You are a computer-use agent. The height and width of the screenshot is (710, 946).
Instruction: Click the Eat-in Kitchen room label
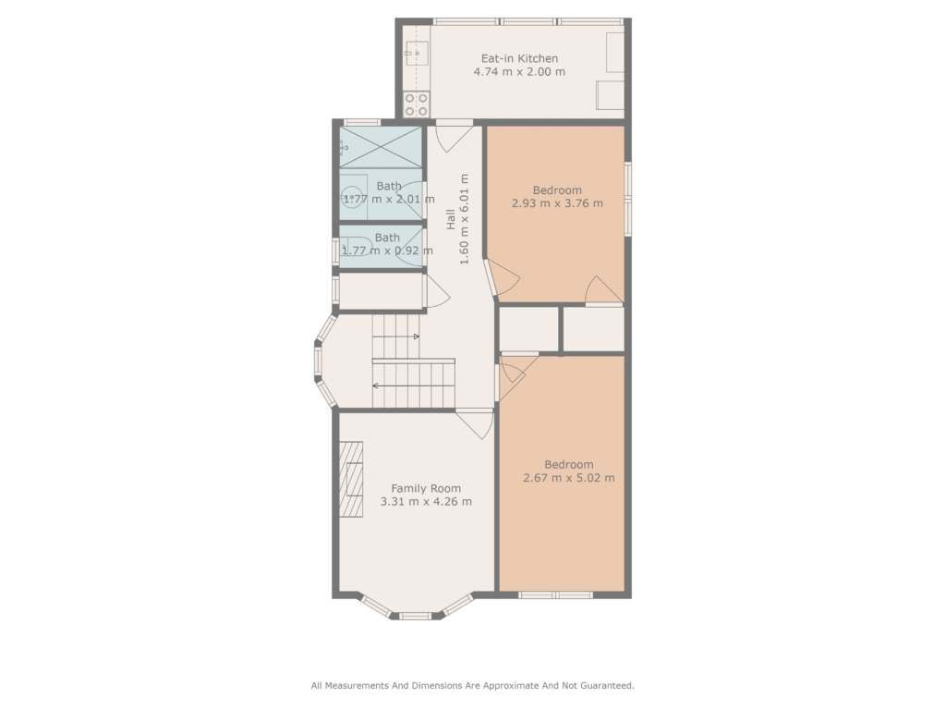519,58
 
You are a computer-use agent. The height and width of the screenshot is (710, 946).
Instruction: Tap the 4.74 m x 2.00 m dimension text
519,72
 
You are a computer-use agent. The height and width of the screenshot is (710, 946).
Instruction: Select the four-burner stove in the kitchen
417,104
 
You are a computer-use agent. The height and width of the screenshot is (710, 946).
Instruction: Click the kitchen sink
417,54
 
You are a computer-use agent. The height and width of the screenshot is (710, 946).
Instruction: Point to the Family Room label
426,488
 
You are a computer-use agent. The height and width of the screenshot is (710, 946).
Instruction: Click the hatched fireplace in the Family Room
350,480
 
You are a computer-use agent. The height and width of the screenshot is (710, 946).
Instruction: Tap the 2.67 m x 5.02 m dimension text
569,478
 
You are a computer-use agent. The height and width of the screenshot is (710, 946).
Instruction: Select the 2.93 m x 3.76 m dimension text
557,203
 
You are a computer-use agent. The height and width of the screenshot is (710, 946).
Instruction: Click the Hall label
451,219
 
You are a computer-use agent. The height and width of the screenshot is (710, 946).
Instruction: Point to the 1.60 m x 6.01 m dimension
464,219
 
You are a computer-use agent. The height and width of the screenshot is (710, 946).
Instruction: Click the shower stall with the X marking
381,147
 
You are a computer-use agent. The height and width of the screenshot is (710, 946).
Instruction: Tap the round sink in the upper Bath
351,198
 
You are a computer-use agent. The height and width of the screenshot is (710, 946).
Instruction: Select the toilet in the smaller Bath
356,246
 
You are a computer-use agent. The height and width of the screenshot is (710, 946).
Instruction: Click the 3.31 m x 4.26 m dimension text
426,502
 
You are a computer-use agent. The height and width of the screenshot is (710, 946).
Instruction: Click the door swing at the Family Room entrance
477,423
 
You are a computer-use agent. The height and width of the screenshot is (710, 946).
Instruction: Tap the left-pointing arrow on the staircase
413,386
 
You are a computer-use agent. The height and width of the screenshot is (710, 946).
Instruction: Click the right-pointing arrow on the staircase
395,337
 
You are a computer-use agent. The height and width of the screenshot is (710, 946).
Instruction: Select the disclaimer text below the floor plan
472,685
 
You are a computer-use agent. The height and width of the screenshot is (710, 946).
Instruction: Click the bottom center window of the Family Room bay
416,616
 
